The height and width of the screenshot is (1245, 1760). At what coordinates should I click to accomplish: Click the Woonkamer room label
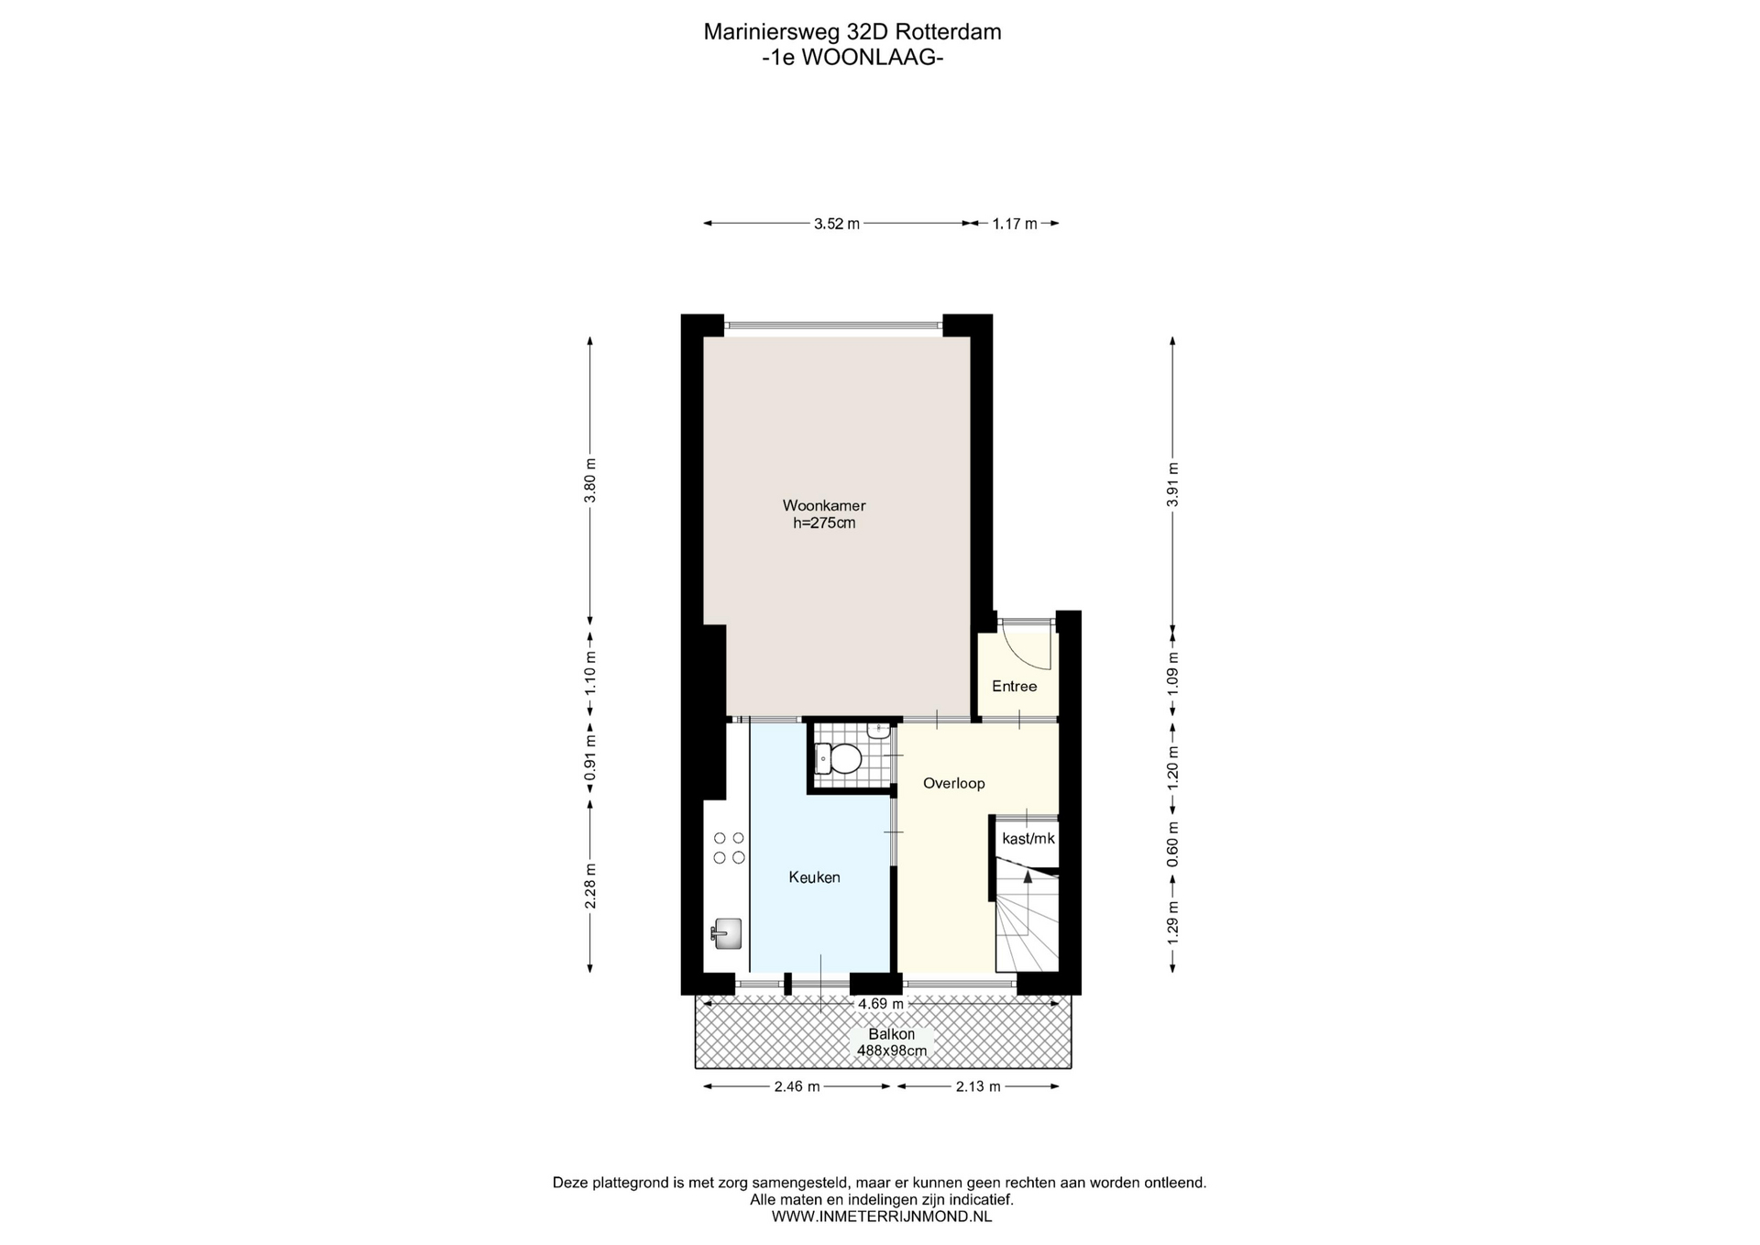(823, 505)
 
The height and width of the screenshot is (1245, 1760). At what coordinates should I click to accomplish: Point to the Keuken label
(814, 877)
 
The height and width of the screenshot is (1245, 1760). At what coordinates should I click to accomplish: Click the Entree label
(1014, 687)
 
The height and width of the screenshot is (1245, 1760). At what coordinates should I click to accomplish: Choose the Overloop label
(953, 784)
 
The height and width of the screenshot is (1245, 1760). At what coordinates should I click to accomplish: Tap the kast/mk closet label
(1028, 839)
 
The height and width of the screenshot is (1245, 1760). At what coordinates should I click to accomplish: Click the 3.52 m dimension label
(837, 224)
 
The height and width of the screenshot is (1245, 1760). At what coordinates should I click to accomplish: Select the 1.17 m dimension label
(1015, 224)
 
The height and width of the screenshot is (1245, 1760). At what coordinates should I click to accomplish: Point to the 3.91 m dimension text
(1173, 484)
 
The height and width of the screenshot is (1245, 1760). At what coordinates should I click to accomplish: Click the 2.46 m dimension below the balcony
(797, 1086)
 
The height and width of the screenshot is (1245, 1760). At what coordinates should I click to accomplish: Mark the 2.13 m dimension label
(977, 1086)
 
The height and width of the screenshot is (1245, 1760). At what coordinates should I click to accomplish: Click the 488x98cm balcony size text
(892, 1051)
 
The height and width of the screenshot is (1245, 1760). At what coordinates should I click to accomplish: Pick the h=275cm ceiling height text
(824, 523)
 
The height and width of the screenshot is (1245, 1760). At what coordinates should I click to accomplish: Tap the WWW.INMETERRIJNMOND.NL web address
(882, 1217)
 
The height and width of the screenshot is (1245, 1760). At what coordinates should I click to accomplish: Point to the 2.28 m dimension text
(590, 887)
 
